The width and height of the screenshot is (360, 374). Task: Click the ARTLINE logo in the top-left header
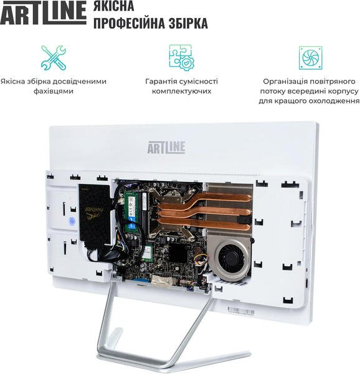pyautogui.click(x=43, y=12)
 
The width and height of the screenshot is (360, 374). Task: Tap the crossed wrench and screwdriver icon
pyautogui.click(x=54, y=58)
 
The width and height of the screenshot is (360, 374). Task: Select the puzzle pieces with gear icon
pyautogui.click(x=181, y=57)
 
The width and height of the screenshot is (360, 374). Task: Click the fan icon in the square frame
pyautogui.click(x=310, y=58)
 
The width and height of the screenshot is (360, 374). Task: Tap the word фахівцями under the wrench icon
pyautogui.click(x=54, y=91)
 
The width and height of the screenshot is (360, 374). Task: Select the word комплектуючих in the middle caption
pyautogui.click(x=181, y=91)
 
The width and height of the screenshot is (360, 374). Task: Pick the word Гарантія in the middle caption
pyautogui.click(x=160, y=81)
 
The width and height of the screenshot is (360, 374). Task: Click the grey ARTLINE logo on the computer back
pyautogui.click(x=166, y=147)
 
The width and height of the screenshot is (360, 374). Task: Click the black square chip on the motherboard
pyautogui.click(x=178, y=252)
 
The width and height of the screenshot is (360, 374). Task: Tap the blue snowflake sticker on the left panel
pyautogui.click(x=72, y=221)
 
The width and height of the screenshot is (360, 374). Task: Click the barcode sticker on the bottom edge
pyautogui.click(x=241, y=311)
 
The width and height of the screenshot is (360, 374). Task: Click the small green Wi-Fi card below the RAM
pyautogui.click(x=148, y=254)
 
